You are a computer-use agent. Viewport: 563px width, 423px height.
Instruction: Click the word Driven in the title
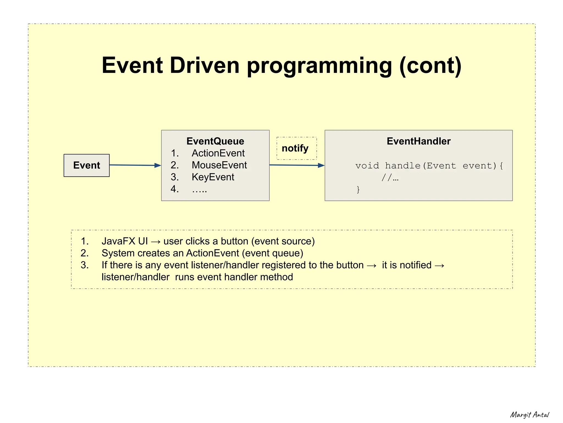click(x=205, y=66)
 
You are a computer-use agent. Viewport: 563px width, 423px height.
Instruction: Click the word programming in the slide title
click(x=319, y=66)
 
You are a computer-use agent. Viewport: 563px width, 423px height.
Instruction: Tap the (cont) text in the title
click(x=430, y=66)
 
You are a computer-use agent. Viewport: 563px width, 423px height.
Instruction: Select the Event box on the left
click(x=87, y=165)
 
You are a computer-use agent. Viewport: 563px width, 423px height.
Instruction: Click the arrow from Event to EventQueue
click(x=135, y=165)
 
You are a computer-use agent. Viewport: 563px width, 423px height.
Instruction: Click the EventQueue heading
click(x=215, y=141)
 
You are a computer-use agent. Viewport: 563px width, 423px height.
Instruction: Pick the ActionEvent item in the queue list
click(x=218, y=153)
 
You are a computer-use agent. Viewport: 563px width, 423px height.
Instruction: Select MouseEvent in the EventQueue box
click(x=219, y=165)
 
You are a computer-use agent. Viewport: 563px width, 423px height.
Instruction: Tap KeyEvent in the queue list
click(x=213, y=177)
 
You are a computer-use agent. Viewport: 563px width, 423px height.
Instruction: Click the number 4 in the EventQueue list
click(x=174, y=189)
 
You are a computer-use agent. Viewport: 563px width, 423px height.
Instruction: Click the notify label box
click(x=296, y=148)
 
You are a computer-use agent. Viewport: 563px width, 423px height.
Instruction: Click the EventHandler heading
click(x=418, y=141)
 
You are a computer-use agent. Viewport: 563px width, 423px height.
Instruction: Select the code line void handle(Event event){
click(x=429, y=166)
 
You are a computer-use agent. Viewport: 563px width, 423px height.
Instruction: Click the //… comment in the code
click(x=390, y=178)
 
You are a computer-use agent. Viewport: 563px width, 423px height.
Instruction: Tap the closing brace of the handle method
click(x=358, y=189)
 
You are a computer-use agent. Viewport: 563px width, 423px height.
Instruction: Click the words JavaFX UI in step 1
click(x=125, y=241)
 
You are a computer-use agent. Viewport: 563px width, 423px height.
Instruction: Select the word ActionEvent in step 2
click(x=212, y=253)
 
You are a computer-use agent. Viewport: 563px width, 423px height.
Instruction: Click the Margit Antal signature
click(x=529, y=415)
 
